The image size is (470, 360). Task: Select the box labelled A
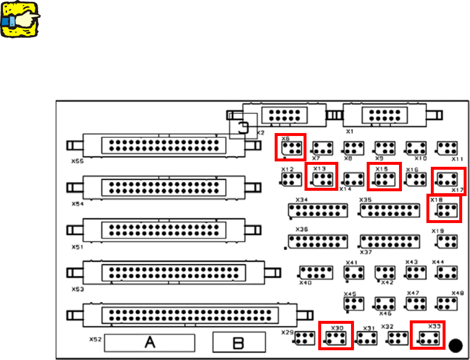pos(150,342)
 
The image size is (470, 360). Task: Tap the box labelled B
pos(238,342)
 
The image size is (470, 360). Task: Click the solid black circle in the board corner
pos(455,345)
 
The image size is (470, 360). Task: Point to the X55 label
pos(77,160)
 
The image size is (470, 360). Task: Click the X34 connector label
pos(302,200)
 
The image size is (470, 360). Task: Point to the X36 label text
pos(302,229)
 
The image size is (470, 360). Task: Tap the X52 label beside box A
pos(95,338)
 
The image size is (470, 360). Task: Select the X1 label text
pos(350,132)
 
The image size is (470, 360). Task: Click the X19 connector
pos(446,241)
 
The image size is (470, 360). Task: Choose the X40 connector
pos(316,272)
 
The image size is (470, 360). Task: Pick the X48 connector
pos(446,303)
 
